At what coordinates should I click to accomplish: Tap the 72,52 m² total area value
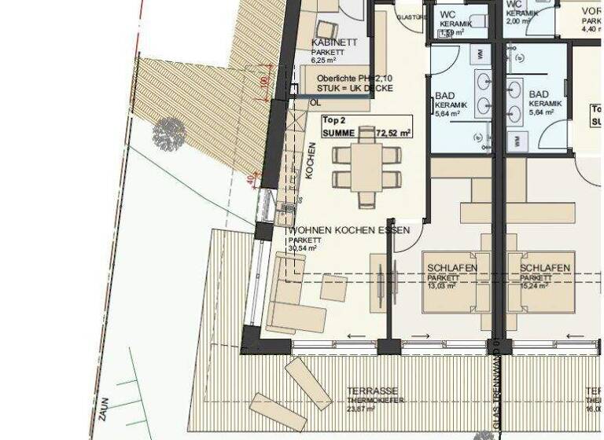394,134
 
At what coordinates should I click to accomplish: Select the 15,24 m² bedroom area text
535,286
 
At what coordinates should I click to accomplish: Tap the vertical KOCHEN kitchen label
311,161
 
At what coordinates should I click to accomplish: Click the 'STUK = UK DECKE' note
348,90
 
